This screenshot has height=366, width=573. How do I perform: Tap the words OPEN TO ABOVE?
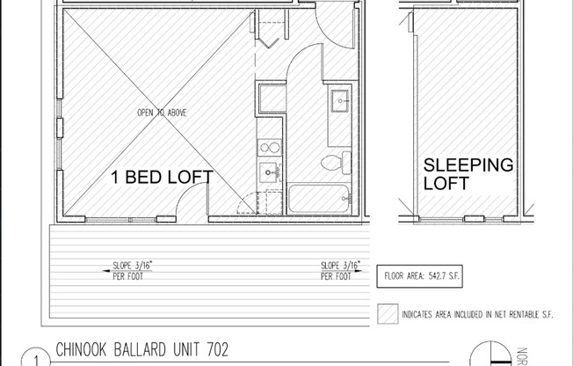click(x=161, y=113)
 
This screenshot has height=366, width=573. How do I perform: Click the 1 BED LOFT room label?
click(x=161, y=177)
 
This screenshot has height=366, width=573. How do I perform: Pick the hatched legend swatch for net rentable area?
click(x=387, y=313)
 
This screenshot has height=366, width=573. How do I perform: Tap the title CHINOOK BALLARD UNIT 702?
click(x=141, y=349)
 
